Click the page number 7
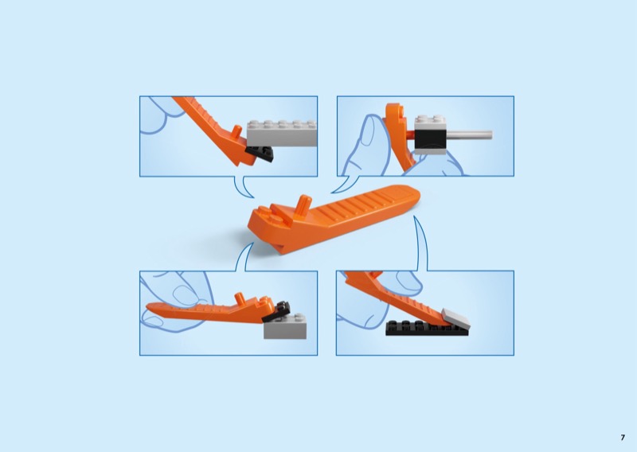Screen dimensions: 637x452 [x=623, y=438]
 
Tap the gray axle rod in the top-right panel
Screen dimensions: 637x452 [x=469, y=134]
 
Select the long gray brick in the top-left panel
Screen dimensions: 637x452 [x=282, y=133]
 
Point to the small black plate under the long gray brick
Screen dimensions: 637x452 [x=260, y=154]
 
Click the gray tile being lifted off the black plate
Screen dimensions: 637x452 [x=455, y=318]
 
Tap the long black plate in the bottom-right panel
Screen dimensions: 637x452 [x=427, y=328]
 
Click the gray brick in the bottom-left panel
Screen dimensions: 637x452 [x=285, y=326]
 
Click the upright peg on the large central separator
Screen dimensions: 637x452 [x=304, y=204]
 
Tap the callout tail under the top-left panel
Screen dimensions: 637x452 [x=243, y=187]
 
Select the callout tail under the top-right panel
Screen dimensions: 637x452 [x=346, y=184]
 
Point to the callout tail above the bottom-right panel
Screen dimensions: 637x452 [x=420, y=243]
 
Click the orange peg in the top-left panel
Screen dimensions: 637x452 [x=236, y=132]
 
